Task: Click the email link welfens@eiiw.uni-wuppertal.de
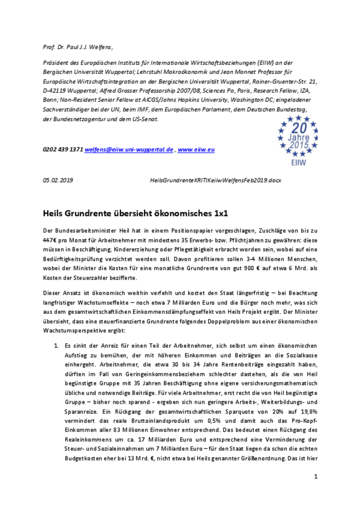click(x=129, y=149)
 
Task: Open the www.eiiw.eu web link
click(x=196, y=149)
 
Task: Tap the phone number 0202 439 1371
click(x=63, y=149)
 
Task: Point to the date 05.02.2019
click(x=58, y=180)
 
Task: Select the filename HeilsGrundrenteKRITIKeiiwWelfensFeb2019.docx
click(x=215, y=180)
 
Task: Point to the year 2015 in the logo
click(x=299, y=145)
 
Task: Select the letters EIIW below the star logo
click(x=299, y=163)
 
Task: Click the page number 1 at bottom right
click(x=316, y=476)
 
